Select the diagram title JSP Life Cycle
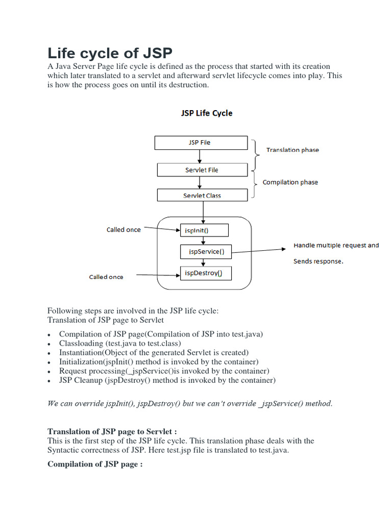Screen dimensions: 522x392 (207, 113)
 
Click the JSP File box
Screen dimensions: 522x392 (201, 143)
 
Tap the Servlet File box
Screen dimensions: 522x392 (202, 170)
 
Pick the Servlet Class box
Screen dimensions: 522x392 (202, 195)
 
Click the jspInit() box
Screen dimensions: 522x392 (204, 230)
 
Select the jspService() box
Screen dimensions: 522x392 (206, 251)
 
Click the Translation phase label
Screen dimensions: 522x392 (292, 150)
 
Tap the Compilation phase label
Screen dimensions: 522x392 (290, 182)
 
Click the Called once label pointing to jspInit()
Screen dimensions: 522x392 (124, 230)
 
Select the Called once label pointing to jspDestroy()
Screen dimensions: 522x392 (106, 277)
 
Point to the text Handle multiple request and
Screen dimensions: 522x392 (336, 245)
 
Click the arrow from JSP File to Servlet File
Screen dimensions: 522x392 (202, 156)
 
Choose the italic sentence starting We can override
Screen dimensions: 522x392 (190, 403)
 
